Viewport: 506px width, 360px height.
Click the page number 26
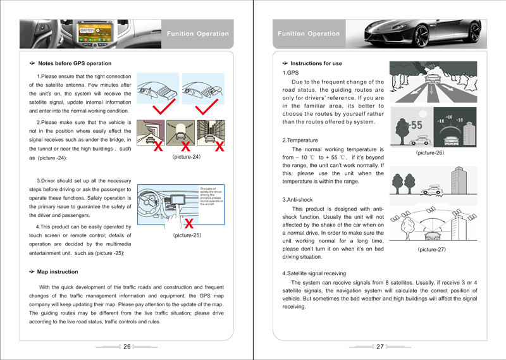(x=126, y=347)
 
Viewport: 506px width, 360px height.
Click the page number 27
(x=380, y=347)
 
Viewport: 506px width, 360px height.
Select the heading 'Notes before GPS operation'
(x=75, y=63)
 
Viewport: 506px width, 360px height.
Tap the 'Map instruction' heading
(x=58, y=272)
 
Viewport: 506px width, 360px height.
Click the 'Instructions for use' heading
(x=316, y=63)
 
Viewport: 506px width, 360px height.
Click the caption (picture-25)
(x=187, y=235)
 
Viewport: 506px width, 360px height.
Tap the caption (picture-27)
(x=432, y=250)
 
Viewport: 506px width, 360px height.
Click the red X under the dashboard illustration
(x=188, y=223)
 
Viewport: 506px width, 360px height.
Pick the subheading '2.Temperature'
(x=300, y=140)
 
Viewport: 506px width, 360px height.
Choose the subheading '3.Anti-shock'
(x=300, y=200)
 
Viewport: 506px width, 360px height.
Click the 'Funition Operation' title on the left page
(x=197, y=34)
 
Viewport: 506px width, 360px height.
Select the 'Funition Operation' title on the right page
(x=309, y=34)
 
